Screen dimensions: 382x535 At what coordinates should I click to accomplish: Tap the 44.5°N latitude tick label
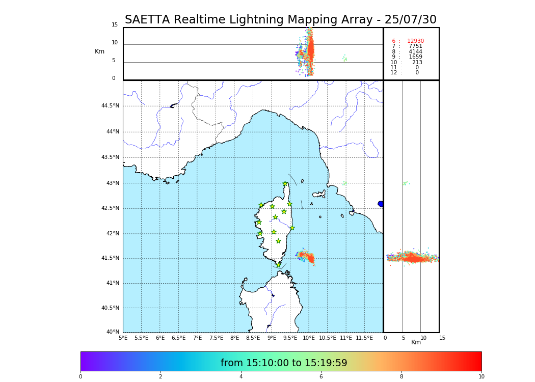110,106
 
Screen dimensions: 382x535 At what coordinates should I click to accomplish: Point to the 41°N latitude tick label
111,283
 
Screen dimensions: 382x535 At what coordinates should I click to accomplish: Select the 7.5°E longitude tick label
216,338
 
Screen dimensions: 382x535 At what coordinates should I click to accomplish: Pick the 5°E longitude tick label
123,338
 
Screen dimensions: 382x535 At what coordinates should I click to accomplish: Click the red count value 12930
415,41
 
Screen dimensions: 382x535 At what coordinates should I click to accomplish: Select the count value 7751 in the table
415,46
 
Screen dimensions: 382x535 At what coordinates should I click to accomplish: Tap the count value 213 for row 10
417,62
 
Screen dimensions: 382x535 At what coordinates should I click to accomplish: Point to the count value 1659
415,57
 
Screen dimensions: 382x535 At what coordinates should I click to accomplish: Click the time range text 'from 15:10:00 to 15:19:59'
284,363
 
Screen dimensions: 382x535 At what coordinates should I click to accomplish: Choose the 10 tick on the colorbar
481,377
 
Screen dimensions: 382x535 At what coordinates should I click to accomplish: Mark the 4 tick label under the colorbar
241,377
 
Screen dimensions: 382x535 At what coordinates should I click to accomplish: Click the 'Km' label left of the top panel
99,51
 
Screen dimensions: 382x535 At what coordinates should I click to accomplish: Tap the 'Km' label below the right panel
416,342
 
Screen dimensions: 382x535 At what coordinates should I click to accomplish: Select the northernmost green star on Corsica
285,184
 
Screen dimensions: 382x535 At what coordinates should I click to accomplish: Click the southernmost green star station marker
278,265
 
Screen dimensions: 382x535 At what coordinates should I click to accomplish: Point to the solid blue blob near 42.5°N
381,204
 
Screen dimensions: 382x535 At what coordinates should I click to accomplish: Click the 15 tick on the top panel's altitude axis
115,25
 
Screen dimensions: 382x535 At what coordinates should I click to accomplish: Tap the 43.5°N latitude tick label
110,157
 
